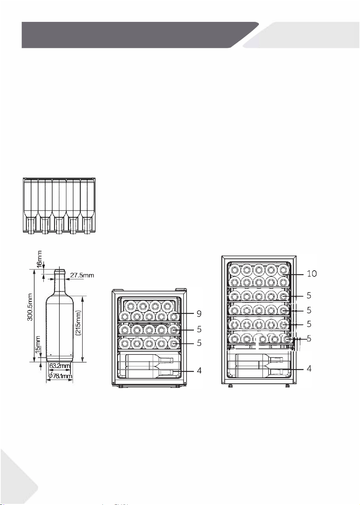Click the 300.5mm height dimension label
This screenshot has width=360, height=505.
coord(30,307)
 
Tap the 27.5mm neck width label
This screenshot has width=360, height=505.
coord(82,275)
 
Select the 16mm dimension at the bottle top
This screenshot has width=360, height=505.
coord(39,259)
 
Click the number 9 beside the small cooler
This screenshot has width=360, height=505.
coord(199,314)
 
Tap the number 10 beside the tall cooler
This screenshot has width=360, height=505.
coord(312,274)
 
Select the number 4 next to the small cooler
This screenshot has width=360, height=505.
coord(199,370)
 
